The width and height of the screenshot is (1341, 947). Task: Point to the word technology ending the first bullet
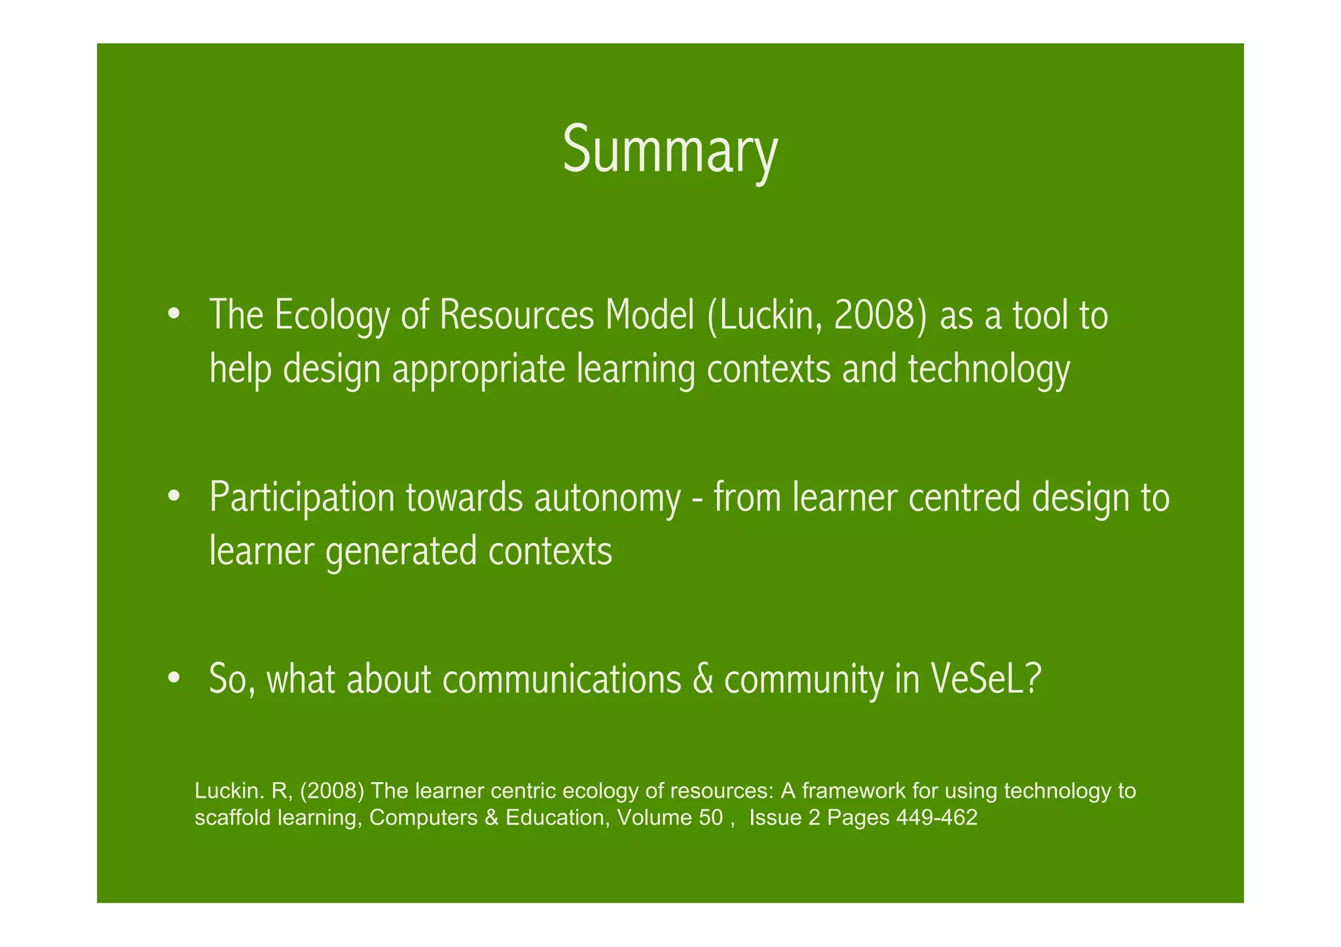click(989, 370)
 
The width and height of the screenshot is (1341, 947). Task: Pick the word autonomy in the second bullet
click(607, 499)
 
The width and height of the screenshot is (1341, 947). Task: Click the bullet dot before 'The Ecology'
click(173, 313)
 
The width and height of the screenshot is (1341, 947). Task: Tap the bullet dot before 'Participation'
click(173, 496)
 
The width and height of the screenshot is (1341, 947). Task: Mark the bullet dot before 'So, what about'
click(173, 678)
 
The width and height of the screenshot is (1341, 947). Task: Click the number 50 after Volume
click(710, 818)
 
